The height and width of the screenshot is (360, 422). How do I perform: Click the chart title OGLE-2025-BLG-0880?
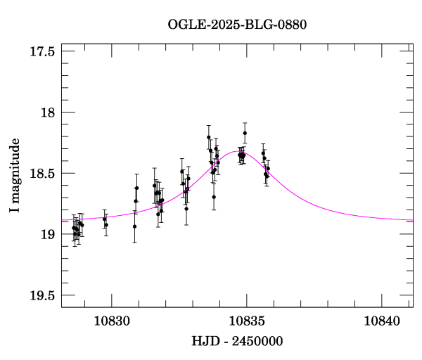click(x=237, y=25)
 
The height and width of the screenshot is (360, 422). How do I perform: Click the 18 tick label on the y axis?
click(x=48, y=112)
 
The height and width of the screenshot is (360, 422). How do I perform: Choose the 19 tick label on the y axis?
click(x=48, y=234)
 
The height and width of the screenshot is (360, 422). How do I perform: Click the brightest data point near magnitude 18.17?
click(x=245, y=133)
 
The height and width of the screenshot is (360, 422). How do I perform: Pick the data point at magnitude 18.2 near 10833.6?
click(x=209, y=137)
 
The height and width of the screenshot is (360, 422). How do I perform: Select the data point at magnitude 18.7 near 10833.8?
click(x=214, y=197)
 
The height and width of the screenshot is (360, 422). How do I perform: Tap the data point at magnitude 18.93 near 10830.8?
click(x=134, y=226)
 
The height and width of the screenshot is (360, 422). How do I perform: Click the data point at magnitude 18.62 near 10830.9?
click(x=136, y=188)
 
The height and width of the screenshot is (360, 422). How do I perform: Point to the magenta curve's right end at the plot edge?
click(x=412, y=220)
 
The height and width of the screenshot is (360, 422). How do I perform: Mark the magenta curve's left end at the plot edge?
click(x=62, y=220)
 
